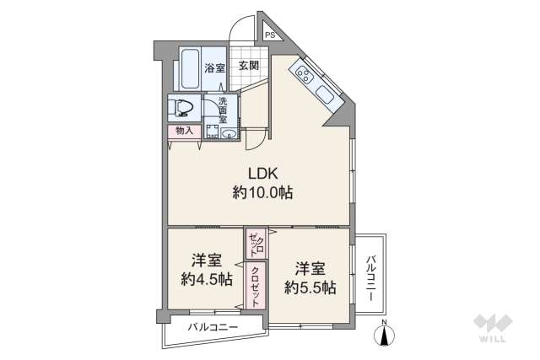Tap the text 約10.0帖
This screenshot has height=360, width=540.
[262, 193]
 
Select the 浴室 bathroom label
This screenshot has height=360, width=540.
[214, 68]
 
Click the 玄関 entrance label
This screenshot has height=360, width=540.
[247, 67]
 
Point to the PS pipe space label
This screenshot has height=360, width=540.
[270, 35]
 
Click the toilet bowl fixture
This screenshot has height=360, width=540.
[182, 107]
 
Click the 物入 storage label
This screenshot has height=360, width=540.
[184, 131]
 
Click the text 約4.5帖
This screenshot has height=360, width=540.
[207, 280]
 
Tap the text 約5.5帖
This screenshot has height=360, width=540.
[310, 287]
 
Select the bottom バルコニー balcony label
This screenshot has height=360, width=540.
[213, 326]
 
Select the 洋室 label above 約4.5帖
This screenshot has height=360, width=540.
[206, 261]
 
